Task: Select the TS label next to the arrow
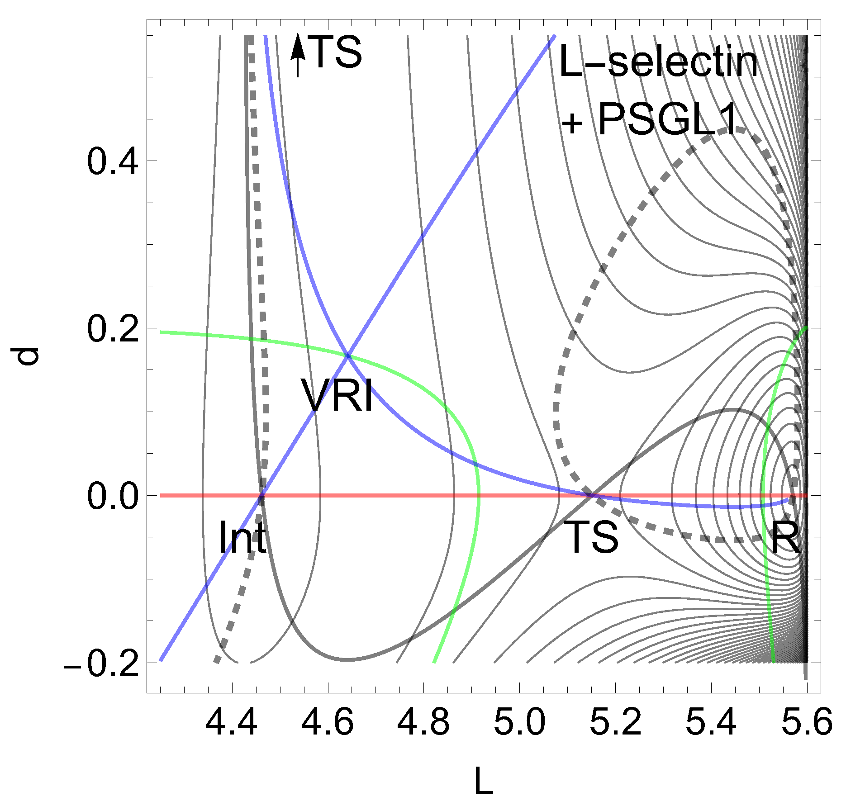click(337, 52)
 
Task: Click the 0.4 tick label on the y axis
click(113, 161)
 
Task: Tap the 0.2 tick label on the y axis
click(113, 329)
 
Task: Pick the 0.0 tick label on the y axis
click(113, 496)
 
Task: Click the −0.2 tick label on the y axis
click(101, 664)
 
